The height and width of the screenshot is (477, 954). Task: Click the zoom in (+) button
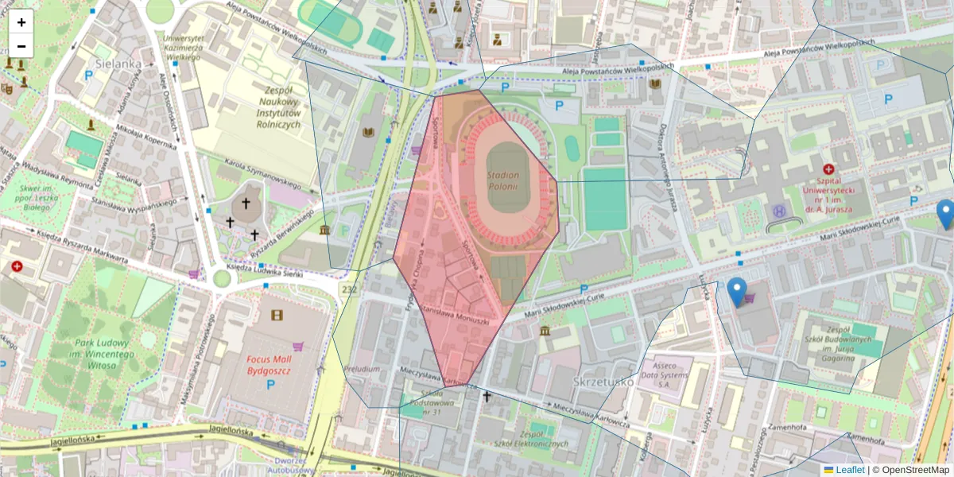click(21, 22)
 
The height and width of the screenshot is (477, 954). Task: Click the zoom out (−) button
click(21, 46)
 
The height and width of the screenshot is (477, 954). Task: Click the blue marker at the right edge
click(945, 214)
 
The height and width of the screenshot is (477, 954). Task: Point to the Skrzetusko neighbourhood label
click(603, 382)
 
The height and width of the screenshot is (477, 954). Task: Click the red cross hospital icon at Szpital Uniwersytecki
click(829, 169)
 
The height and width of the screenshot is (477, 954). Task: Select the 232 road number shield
click(347, 289)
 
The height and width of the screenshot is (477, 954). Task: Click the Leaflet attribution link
click(850, 470)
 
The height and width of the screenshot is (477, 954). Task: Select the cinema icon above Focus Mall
click(276, 315)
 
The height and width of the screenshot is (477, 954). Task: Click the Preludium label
click(362, 369)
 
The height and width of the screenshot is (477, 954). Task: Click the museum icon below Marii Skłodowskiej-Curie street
click(545, 331)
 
